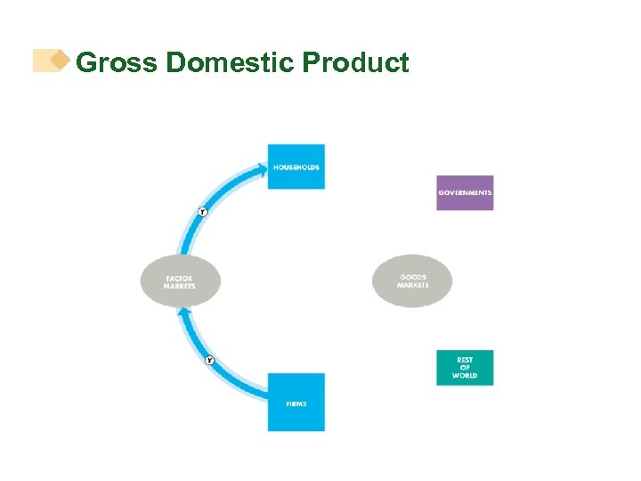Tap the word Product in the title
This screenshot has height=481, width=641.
pos(356,63)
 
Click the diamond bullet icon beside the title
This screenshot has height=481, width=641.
pos(60,61)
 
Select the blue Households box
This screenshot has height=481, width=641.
pos(296,167)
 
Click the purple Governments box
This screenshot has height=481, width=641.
pos(465,192)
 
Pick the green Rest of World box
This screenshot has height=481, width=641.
pos(465,368)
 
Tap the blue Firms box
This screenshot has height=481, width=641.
pos(296,403)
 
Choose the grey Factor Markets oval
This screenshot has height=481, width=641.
pos(180,282)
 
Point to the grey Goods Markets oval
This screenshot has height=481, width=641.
pos(412,281)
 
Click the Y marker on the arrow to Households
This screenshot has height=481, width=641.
pos(202,212)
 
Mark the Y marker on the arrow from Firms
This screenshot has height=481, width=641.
pos(209,361)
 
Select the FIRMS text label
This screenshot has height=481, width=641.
pos(296,404)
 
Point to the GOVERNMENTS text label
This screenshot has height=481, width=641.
pos(465,193)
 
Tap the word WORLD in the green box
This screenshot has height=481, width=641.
pos(465,376)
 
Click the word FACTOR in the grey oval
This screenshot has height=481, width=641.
pos(179,279)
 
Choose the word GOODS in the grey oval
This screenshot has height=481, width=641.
pos(413,277)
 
